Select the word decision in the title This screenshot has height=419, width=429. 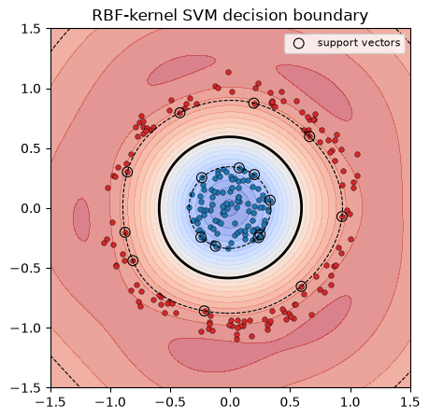point(255,15)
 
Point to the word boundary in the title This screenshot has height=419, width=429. point(331,16)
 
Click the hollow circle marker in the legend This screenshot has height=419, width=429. point(299,43)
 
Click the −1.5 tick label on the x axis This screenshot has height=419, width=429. point(50,402)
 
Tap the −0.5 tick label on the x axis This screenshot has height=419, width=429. point(170,402)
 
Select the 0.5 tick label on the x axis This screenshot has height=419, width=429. point(290,402)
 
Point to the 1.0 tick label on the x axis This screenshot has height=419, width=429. point(350,402)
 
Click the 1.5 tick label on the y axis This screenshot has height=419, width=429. point(31,29)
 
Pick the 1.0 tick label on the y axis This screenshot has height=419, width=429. point(31,89)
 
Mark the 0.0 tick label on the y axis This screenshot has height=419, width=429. point(31,208)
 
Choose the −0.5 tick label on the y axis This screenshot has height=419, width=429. point(26,268)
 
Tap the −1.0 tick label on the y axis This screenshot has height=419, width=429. point(26,328)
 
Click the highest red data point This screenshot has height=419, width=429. point(228,73)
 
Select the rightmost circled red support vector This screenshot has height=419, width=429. point(342,216)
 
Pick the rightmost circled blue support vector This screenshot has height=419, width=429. point(270,200)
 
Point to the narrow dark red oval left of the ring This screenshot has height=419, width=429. point(81,219)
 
